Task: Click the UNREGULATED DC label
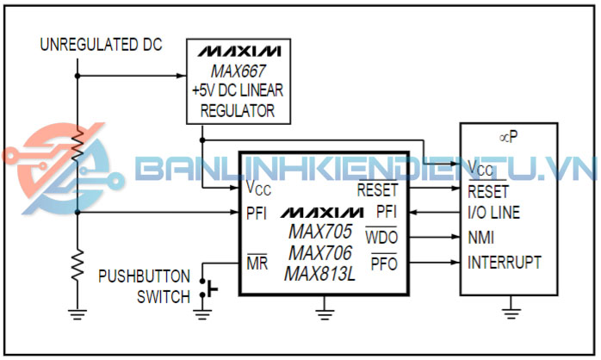point(101,45)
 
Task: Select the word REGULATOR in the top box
point(237,110)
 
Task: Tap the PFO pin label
point(383,263)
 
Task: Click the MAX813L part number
point(319,275)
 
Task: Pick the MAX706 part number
point(319,254)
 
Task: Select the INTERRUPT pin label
point(505,262)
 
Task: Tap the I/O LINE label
point(494,213)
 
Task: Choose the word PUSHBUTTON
point(144,277)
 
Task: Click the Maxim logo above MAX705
point(321,212)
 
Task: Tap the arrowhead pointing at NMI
point(454,237)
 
